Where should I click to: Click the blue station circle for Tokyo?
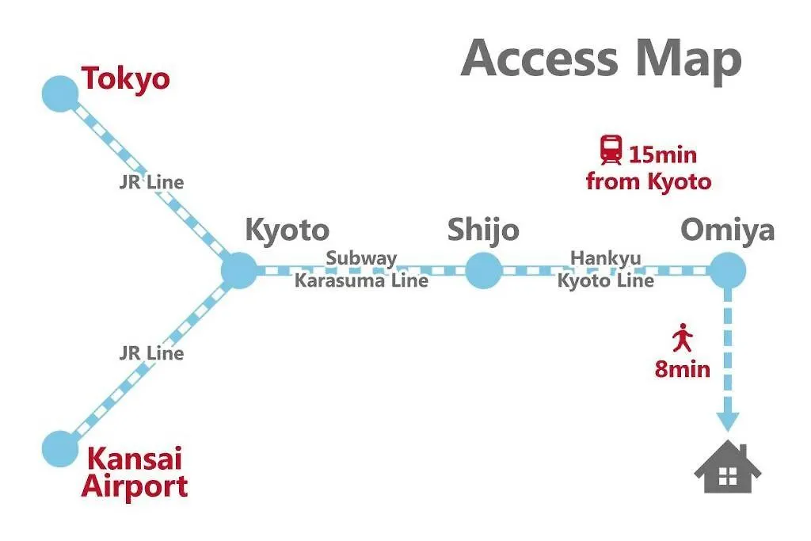point(60,93)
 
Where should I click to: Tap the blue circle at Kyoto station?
point(238,270)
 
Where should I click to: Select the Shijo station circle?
point(483,271)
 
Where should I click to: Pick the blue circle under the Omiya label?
point(727,271)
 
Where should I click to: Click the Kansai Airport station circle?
point(60,448)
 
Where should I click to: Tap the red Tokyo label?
point(126,79)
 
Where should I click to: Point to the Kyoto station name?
point(287,230)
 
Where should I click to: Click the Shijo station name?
point(483,230)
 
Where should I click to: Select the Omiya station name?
point(727,230)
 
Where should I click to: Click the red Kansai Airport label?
point(135,472)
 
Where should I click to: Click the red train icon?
point(611,150)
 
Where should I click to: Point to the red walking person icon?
point(682,339)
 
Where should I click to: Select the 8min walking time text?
point(682,369)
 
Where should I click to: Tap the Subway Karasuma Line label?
point(361,269)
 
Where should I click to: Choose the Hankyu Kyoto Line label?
point(606,269)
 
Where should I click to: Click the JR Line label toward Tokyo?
point(151,182)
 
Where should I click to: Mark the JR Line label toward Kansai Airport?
point(151,353)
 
